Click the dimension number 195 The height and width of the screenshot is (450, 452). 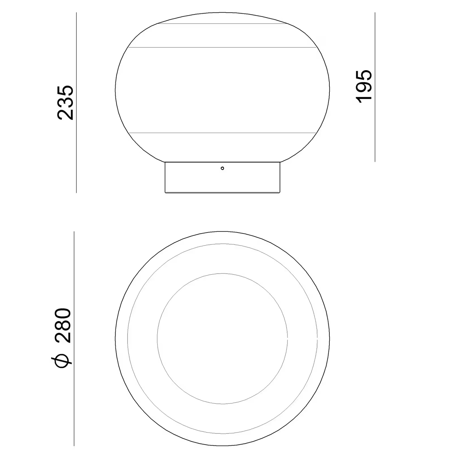click(364, 86)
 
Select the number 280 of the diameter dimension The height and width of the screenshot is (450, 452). click(63, 326)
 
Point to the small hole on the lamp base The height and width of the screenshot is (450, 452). click(222, 168)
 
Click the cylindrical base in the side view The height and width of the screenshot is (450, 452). click(222, 177)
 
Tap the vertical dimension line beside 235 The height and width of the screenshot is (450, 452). click(76, 103)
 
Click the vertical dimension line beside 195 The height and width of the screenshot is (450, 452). click(375, 87)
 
